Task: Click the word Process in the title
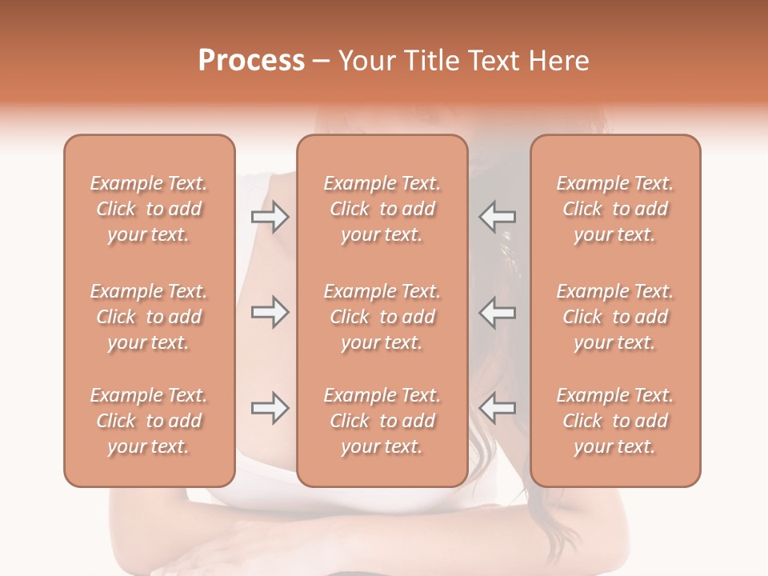tap(251, 61)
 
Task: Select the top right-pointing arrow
tap(270, 217)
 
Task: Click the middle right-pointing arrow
tap(270, 312)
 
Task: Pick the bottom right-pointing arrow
tap(270, 408)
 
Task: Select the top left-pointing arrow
tap(498, 217)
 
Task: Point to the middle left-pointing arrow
tap(498, 312)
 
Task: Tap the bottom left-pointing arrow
tap(498, 408)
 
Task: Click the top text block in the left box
tap(149, 209)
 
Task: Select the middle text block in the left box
tap(149, 317)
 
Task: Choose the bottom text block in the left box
tap(149, 421)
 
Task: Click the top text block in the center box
tap(382, 209)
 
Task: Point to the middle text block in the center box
tap(382, 317)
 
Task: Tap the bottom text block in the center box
tap(382, 421)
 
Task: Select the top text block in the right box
tap(615, 209)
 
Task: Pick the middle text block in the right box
tap(615, 317)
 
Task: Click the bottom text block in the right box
tap(615, 421)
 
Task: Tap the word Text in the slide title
tap(496, 61)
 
